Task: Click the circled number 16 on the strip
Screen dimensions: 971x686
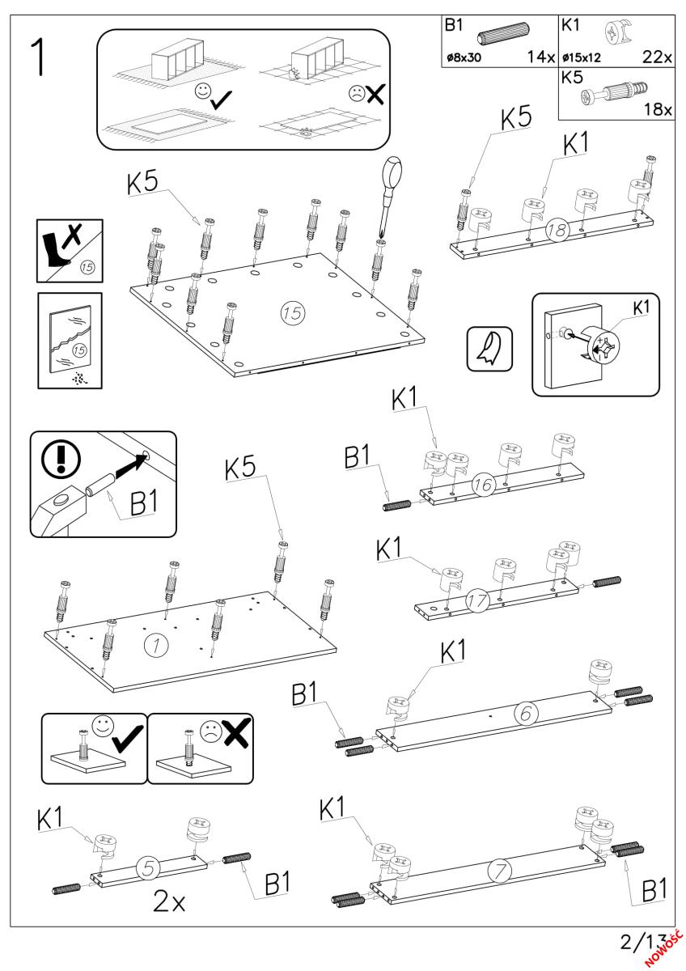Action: tap(484, 487)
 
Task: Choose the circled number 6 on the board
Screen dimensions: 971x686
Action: tap(524, 714)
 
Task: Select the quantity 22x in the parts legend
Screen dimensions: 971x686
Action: tap(658, 58)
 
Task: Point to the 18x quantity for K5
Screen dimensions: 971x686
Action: tap(659, 110)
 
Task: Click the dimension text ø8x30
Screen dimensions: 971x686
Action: tap(464, 58)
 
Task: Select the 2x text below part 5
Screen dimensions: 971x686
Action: tap(170, 902)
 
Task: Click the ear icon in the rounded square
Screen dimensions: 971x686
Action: tap(490, 349)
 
